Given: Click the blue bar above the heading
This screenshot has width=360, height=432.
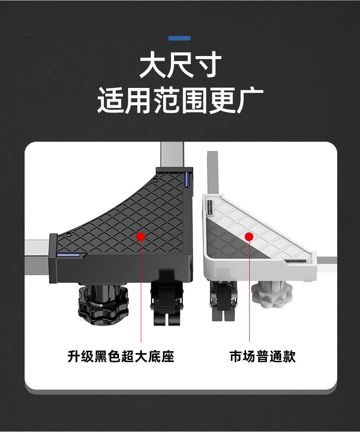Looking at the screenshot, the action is coord(180,38).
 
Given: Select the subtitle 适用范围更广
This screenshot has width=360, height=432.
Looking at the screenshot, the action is coord(180,101).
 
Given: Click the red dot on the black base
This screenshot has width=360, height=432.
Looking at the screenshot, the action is coord(140,236).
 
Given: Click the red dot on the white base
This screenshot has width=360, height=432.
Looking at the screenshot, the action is coord(249,237).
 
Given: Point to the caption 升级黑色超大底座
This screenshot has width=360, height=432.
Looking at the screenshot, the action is coord(121,356).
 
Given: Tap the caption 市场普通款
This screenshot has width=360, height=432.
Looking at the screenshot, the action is coord(262,356).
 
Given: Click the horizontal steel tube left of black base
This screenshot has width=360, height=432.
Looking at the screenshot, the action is coord(36,260).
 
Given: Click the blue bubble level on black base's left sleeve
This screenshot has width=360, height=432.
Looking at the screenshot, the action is coord(68,255).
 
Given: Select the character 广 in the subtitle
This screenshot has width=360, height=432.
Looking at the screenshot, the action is coord(249,101).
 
